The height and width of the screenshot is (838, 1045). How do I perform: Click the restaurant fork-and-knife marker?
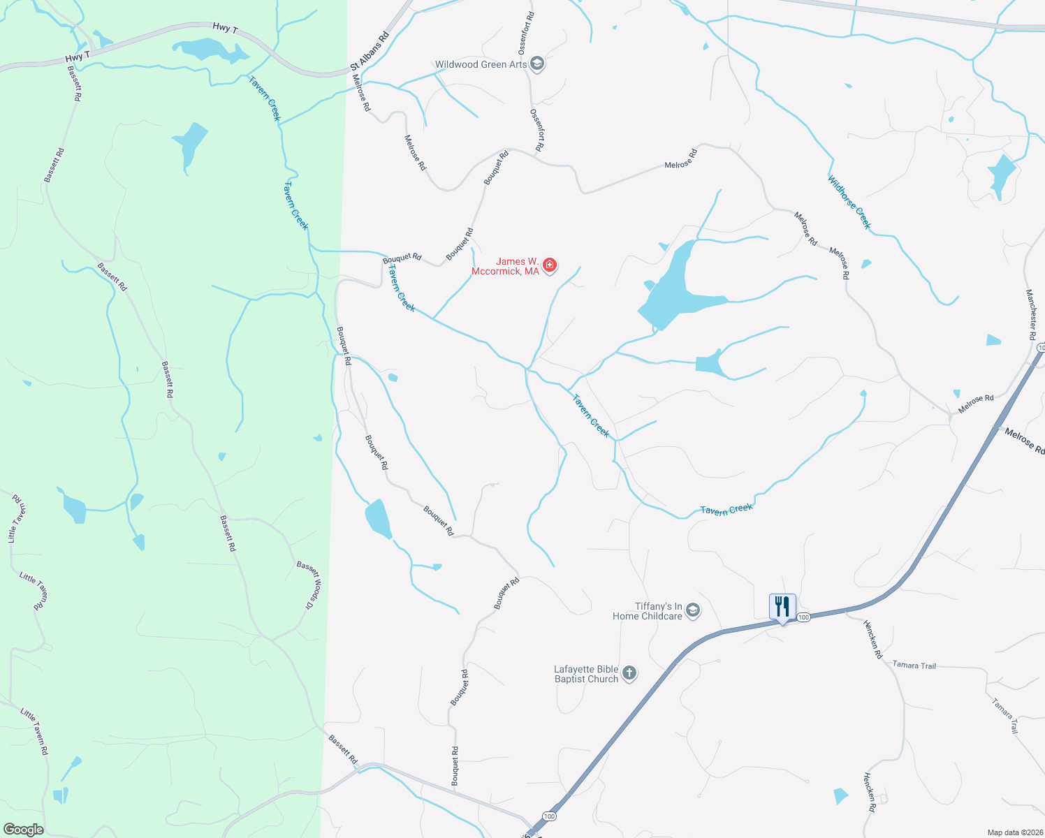tap(782, 607)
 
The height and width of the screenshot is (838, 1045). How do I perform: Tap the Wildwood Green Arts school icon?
tap(537, 64)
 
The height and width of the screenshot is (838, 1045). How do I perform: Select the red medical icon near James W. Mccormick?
tap(550, 265)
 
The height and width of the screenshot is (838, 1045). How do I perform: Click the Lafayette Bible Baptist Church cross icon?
tap(629, 673)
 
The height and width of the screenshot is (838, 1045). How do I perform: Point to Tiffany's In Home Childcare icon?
tap(692, 611)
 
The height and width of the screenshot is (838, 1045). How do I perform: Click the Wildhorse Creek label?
tap(849, 202)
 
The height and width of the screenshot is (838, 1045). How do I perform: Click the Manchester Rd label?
tap(1030, 314)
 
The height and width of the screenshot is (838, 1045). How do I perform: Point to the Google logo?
tap(24, 830)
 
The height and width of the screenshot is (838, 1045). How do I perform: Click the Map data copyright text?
tap(1014, 832)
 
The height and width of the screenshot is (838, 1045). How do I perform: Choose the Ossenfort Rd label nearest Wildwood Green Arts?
tap(526, 34)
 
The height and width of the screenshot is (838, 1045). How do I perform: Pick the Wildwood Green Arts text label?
tap(481, 64)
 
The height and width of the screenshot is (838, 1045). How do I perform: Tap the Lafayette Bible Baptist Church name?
tap(586, 674)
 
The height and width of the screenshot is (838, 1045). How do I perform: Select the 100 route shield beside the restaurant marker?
tap(803, 617)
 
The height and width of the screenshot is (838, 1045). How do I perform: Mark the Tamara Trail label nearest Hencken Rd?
tap(914, 666)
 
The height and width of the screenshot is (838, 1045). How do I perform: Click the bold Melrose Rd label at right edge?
tap(1025, 441)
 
